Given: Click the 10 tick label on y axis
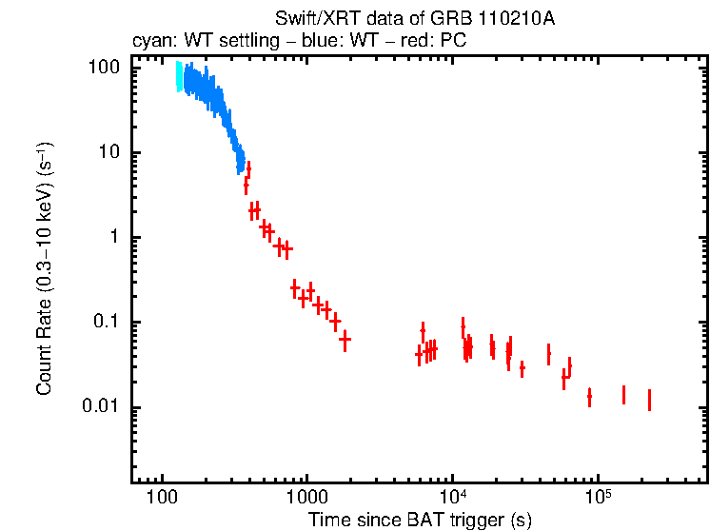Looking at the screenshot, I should [x=109, y=153].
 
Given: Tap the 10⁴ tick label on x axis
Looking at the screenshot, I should [x=452, y=499].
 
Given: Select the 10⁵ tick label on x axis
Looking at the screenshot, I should [x=597, y=499].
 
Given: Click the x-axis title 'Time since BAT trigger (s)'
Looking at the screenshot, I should [x=419, y=521].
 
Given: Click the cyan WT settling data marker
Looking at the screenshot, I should [x=178, y=77].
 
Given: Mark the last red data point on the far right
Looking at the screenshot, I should [x=649, y=400].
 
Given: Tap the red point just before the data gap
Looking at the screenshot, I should [x=345, y=339].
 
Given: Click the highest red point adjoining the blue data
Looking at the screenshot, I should [x=248, y=169].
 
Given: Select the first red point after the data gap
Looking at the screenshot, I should [x=419, y=355].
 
